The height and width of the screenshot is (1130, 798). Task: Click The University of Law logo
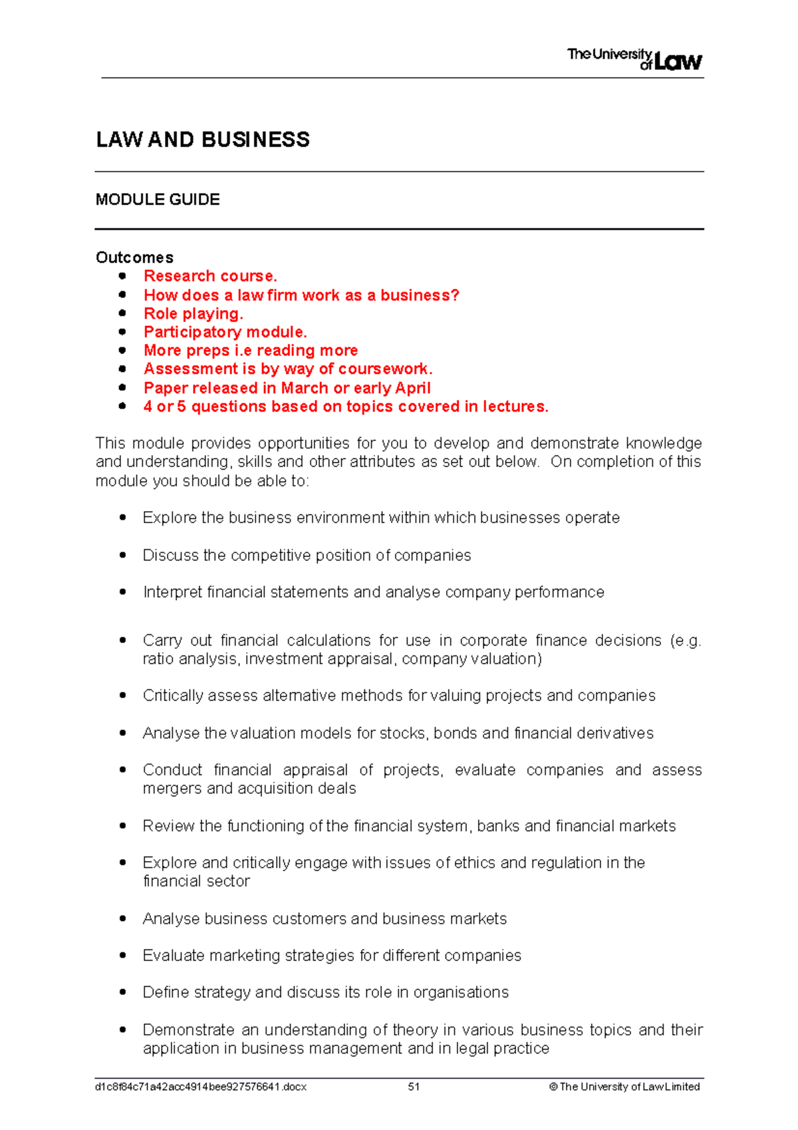[x=634, y=59]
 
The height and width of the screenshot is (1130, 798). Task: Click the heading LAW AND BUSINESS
[x=203, y=140]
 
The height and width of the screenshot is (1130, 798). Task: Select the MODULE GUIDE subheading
[x=158, y=200]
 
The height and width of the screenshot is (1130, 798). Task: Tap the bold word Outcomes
[x=134, y=258]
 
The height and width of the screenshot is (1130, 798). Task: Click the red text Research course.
[x=210, y=276]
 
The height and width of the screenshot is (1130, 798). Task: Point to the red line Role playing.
[x=194, y=313]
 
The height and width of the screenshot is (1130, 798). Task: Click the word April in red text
[x=412, y=388]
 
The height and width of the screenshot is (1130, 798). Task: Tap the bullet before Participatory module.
[x=122, y=331]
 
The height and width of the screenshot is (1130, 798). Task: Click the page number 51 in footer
[x=414, y=1087]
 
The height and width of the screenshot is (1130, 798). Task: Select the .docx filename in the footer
[x=201, y=1087]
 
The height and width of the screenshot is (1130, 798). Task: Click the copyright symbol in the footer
[x=553, y=1087]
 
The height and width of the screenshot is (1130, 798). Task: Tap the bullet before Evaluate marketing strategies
[x=122, y=955]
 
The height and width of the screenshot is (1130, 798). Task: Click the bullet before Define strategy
[x=122, y=992]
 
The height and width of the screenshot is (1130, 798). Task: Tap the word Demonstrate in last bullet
[x=188, y=1030]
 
